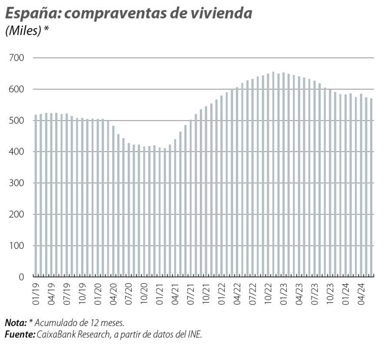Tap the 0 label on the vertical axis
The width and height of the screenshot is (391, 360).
pos(20,277)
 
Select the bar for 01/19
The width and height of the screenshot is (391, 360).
pos(36,195)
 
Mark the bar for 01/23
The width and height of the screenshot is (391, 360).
pos(284,174)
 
